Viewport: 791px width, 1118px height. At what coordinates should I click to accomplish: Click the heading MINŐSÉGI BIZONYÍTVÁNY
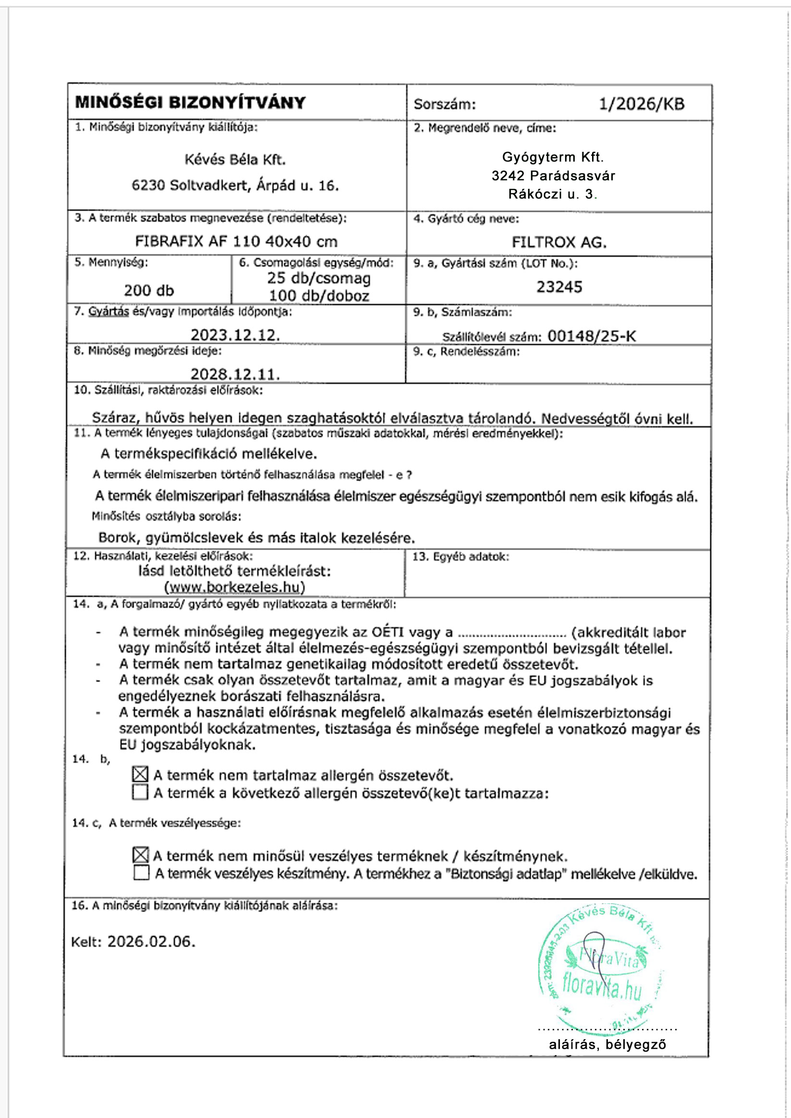[190, 102]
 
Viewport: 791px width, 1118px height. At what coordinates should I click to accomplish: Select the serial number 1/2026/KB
[641, 104]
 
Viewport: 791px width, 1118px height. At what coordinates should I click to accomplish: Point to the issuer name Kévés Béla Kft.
[235, 160]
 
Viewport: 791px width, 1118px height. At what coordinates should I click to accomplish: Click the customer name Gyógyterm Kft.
[553, 157]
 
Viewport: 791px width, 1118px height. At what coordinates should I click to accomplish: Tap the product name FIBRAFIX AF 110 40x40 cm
[236, 242]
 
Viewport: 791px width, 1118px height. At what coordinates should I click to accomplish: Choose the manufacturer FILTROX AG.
[559, 242]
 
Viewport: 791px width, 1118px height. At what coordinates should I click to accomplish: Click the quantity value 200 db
[148, 291]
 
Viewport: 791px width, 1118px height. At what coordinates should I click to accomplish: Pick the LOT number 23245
[559, 287]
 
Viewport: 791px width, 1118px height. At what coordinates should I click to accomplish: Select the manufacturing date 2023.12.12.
[235, 335]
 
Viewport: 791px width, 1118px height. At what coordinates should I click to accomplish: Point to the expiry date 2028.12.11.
[235, 374]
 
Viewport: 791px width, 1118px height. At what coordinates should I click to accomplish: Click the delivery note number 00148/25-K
[592, 336]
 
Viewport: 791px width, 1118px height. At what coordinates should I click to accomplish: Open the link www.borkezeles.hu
[235, 587]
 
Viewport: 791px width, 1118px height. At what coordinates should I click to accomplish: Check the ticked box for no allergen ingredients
[140, 774]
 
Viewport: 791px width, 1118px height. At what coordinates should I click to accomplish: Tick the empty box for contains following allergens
[140, 793]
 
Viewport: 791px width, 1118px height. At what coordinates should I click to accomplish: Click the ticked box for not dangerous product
[140, 855]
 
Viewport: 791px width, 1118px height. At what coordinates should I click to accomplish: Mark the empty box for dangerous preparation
[141, 873]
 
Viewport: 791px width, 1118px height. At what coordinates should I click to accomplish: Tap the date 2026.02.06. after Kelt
[151, 942]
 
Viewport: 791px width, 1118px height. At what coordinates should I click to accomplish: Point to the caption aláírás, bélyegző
[607, 1044]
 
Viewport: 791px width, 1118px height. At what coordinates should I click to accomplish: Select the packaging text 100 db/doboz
[319, 296]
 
